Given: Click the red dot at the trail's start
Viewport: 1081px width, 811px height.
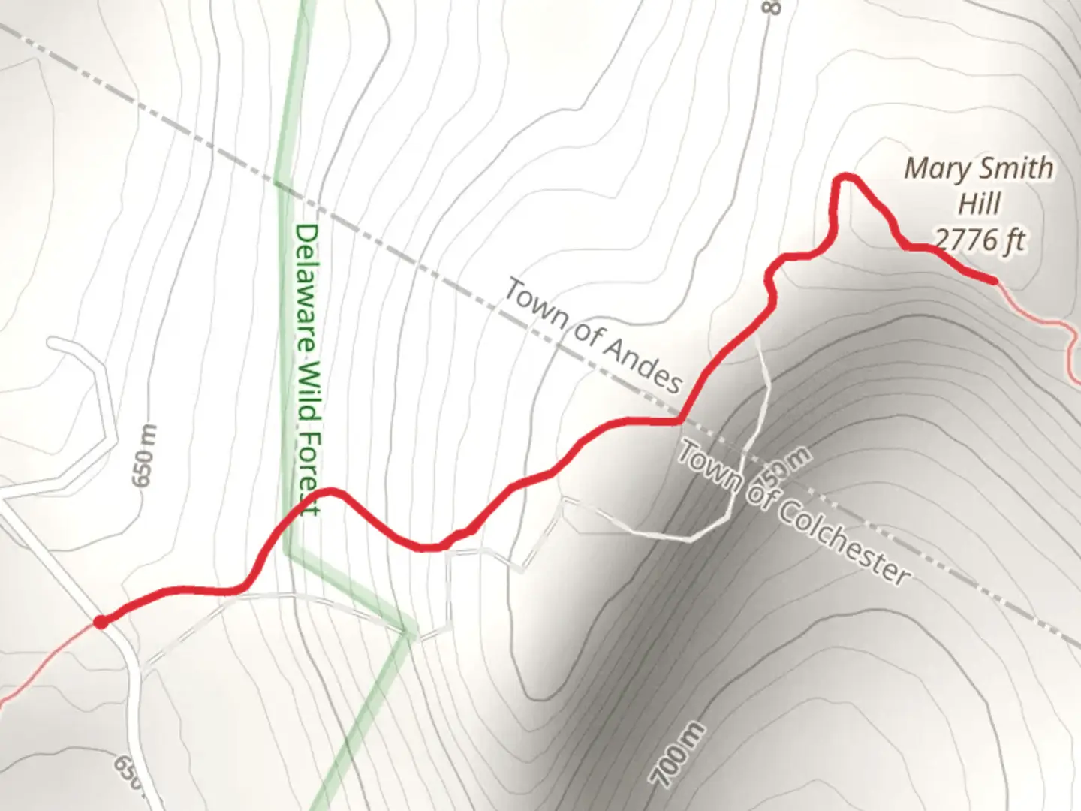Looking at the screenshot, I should tap(100, 621).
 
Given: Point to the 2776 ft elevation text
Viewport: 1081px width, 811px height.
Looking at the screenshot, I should tap(980, 240).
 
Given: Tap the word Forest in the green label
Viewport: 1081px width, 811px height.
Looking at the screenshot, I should tap(309, 478).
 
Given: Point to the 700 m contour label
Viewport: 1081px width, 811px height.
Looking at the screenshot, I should tap(678, 754).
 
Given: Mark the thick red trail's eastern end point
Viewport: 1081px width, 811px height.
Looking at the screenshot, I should tap(995, 281).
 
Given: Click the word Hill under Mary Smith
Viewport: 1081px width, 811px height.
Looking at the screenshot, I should tap(980, 204).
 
